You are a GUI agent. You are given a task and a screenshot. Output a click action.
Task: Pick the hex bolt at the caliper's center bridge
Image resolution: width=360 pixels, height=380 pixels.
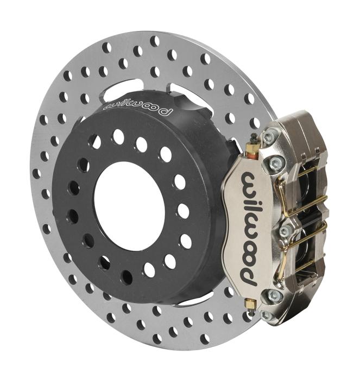[285, 230]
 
